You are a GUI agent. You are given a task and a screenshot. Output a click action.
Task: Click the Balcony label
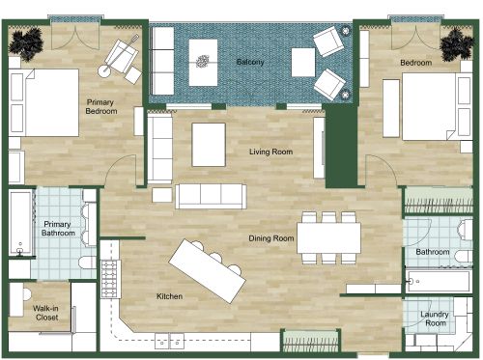tap(250, 62)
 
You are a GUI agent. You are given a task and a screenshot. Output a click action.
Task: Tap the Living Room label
tap(271, 152)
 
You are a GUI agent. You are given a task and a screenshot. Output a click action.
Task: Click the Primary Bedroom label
tap(101, 106)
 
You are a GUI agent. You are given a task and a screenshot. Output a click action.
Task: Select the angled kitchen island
tap(207, 270)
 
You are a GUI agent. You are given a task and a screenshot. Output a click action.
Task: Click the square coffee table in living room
tap(210, 145)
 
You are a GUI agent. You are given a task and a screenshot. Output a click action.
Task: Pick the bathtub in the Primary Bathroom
tap(19, 223)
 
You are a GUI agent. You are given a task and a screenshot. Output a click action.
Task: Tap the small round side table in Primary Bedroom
tap(103, 71)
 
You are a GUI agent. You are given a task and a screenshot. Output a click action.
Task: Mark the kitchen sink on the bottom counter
tap(171, 339)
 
